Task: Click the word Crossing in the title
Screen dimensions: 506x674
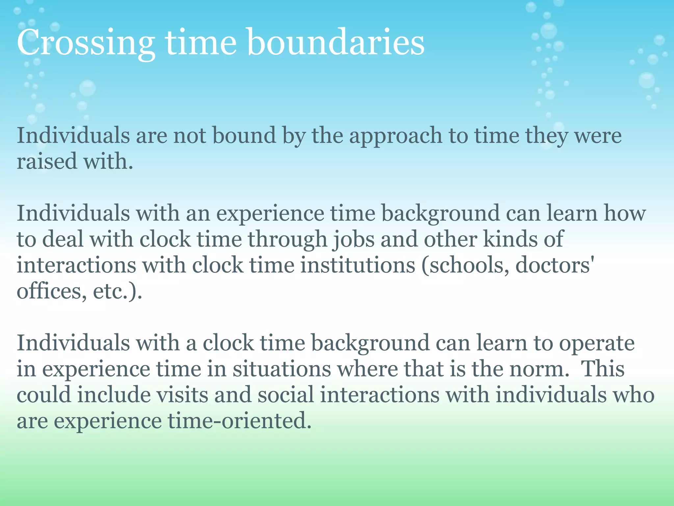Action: pos(86,43)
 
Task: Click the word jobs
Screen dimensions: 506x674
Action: pos(354,240)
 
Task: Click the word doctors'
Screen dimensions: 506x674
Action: pos(555,266)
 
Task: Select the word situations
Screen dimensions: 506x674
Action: pos(282,369)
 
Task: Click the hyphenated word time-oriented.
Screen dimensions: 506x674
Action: pos(240,421)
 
